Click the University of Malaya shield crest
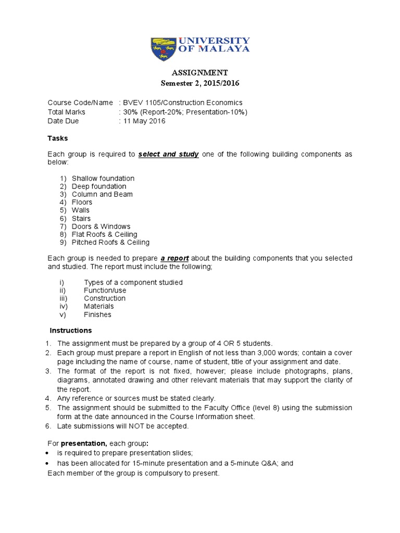163,49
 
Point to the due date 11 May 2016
144,121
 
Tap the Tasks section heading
58,138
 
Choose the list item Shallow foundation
103,179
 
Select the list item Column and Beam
102,194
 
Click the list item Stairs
81,219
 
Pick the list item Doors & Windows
101,226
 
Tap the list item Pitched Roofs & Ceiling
110,242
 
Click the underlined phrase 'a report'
173,258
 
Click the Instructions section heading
71,331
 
